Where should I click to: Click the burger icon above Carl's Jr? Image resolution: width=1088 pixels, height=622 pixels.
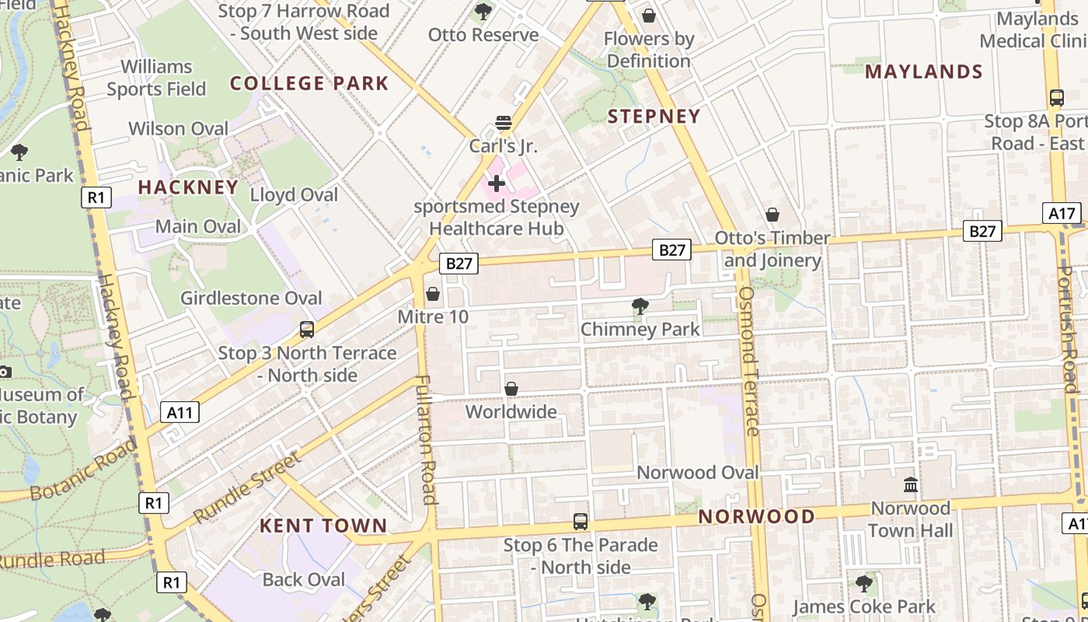tap(504, 123)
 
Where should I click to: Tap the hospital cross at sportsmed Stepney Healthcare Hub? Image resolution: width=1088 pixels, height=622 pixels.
tap(497, 183)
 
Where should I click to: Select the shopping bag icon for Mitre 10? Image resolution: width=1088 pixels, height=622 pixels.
tap(433, 294)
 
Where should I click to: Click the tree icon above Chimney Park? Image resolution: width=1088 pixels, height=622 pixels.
tap(640, 306)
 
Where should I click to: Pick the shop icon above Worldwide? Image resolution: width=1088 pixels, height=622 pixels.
tap(511, 388)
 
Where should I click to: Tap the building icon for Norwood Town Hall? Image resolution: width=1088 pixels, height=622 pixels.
tap(911, 485)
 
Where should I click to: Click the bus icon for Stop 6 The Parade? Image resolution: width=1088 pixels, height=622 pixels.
tap(581, 522)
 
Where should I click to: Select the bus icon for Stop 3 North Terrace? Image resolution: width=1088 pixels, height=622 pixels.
tap(307, 330)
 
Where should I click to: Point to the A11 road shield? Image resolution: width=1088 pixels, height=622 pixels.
tap(180, 412)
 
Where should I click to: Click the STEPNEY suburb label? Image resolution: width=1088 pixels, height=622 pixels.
tap(654, 117)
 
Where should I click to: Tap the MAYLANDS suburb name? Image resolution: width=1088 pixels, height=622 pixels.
tap(924, 72)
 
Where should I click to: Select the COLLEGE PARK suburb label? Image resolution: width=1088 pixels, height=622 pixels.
tap(309, 83)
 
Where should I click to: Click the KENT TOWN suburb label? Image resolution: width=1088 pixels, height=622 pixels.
tap(323, 526)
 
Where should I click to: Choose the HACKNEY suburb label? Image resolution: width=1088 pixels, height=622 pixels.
tap(188, 187)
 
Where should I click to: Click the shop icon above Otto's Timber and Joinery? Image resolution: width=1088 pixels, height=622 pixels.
tap(772, 215)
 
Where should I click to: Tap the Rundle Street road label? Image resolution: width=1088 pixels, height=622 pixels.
tap(246, 487)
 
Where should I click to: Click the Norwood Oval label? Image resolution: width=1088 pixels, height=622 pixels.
tap(697, 472)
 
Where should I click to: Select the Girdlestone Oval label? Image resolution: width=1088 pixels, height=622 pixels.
tap(251, 298)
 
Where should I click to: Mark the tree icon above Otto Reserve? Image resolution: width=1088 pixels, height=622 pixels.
tap(483, 12)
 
